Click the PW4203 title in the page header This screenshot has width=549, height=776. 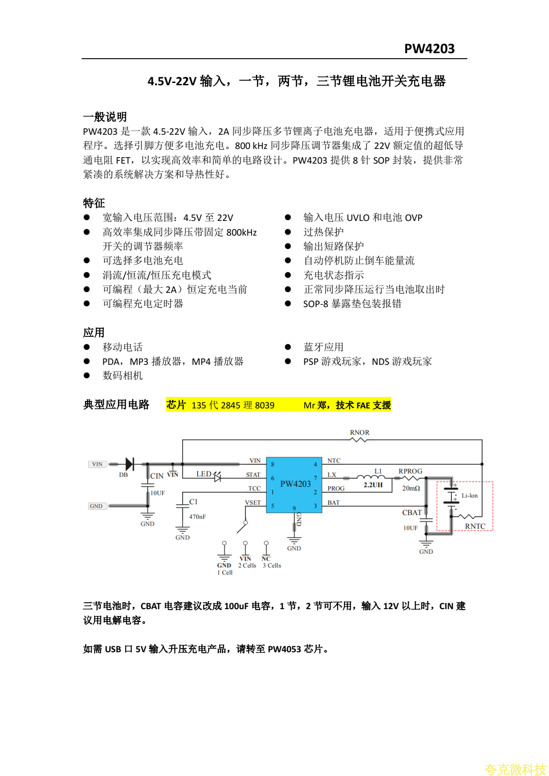(x=429, y=49)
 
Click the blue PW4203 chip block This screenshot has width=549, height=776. (x=294, y=484)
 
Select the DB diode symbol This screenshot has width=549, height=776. (x=129, y=464)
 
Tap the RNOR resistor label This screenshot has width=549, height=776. (x=360, y=433)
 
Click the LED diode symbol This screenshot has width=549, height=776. (x=217, y=477)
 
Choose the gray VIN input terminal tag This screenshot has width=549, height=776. (x=97, y=464)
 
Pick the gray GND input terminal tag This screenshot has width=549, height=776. (x=96, y=506)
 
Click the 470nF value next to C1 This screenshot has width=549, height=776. (x=197, y=517)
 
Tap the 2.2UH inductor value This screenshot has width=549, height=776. (x=373, y=485)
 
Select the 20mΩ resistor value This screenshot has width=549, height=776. (x=411, y=488)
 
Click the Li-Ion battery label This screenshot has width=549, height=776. (x=470, y=495)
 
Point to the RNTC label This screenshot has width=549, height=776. (x=475, y=526)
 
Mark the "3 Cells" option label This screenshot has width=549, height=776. (x=272, y=566)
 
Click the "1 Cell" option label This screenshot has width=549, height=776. (x=225, y=572)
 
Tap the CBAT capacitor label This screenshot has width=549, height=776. (x=412, y=512)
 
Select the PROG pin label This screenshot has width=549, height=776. (x=336, y=489)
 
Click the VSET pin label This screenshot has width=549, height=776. (x=253, y=503)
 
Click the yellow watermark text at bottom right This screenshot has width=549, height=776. (x=515, y=769)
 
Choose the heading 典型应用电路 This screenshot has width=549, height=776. (x=116, y=405)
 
